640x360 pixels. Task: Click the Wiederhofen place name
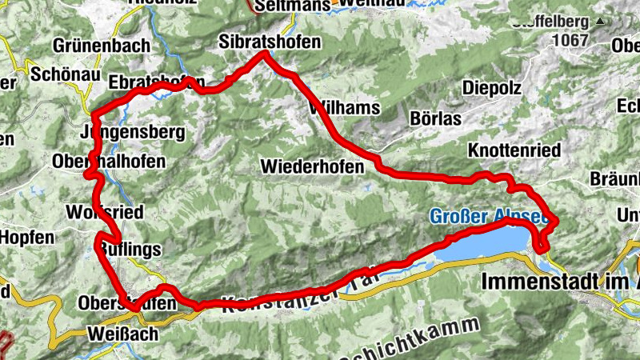[312, 166]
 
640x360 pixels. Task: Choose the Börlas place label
[436, 118]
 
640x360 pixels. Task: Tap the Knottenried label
[514, 150]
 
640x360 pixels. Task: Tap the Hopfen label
[26, 237]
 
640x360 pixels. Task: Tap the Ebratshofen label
[156, 82]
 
